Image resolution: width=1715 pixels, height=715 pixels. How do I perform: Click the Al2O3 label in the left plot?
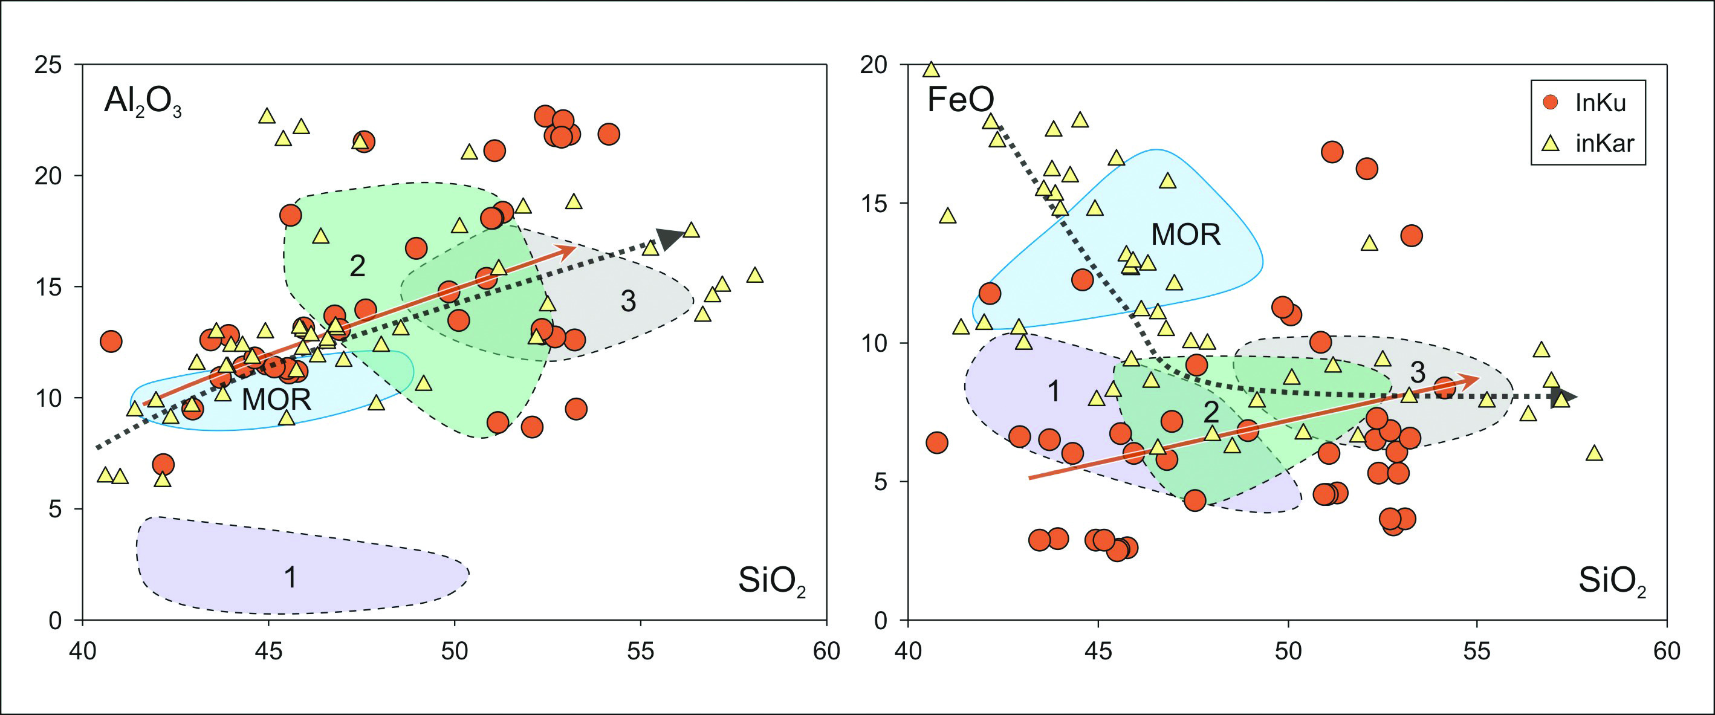point(142,103)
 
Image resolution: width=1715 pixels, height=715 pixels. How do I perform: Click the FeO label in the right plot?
point(960,100)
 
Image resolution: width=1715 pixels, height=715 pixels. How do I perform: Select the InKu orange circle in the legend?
point(1551,103)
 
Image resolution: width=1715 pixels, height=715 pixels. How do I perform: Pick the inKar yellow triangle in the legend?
point(1551,143)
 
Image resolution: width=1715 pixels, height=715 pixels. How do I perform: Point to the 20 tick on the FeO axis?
point(874,65)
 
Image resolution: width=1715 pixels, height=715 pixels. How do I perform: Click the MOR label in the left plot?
point(276,400)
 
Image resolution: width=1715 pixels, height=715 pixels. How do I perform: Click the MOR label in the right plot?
point(1185,235)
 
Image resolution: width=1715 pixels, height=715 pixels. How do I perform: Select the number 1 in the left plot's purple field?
point(290,577)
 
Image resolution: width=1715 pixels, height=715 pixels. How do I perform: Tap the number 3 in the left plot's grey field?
point(628,302)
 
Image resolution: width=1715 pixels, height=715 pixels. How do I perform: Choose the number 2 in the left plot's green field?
point(357,267)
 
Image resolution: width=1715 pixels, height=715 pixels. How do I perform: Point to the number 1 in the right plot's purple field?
point(1053,392)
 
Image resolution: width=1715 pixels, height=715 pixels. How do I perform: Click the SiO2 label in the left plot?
point(771,581)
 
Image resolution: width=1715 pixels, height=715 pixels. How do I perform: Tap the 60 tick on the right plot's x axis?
point(1667,650)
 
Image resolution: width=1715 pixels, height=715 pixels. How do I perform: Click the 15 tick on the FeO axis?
point(874,203)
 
